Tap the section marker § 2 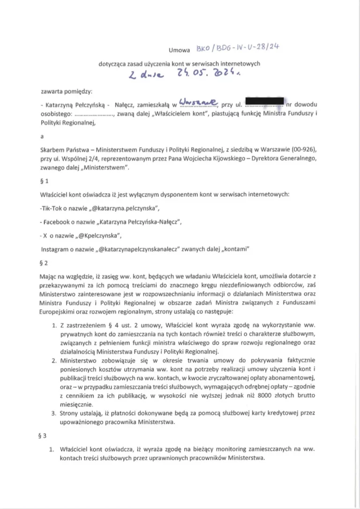[x=45, y=263]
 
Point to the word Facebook [x=60, y=221]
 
